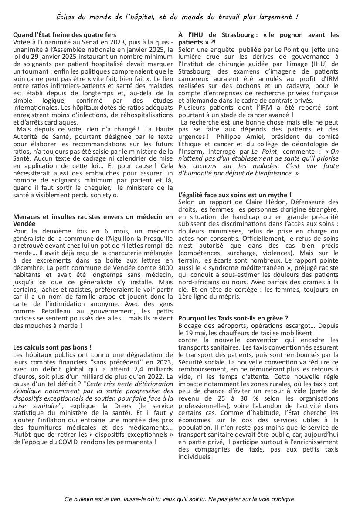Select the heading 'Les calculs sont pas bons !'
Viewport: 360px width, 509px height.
52,347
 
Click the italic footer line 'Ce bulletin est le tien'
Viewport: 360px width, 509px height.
180,499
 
